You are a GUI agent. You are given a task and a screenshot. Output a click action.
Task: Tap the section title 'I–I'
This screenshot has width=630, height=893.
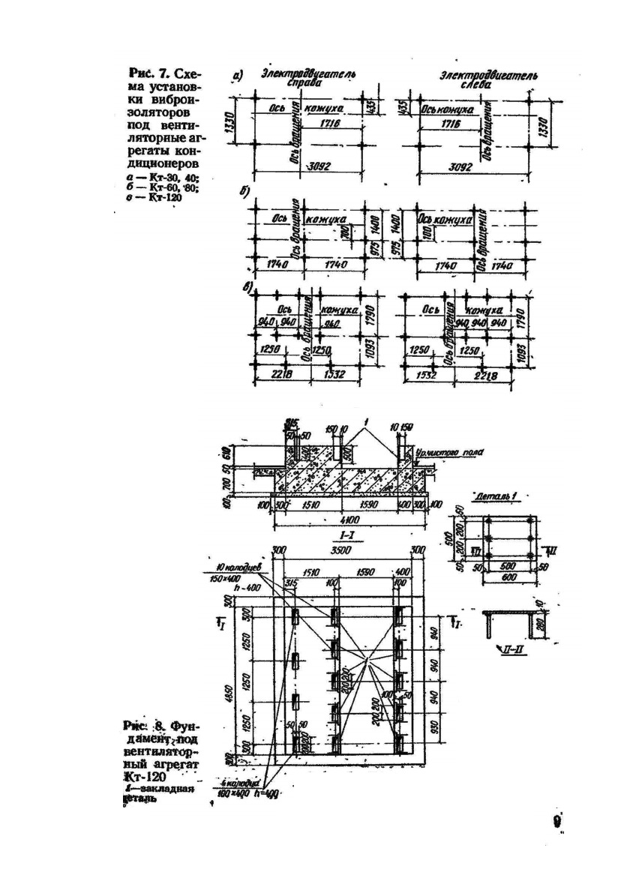click(346, 538)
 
